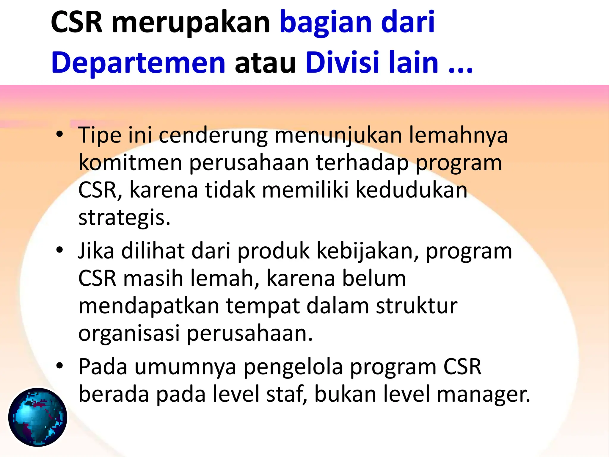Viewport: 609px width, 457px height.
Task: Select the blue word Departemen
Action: point(138,63)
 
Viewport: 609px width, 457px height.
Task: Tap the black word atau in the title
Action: point(265,63)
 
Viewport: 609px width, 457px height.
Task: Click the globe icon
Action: point(38,417)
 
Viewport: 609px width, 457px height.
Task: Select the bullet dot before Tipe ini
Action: point(60,134)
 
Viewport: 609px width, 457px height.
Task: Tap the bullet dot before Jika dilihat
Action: point(60,250)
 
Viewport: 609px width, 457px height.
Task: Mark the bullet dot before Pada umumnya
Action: point(60,366)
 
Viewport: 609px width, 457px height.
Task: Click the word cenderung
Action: point(213,136)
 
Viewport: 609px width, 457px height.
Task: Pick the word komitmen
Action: point(130,163)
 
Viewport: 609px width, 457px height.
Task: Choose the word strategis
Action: point(124,218)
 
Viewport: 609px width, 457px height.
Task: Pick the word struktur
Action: point(417,306)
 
